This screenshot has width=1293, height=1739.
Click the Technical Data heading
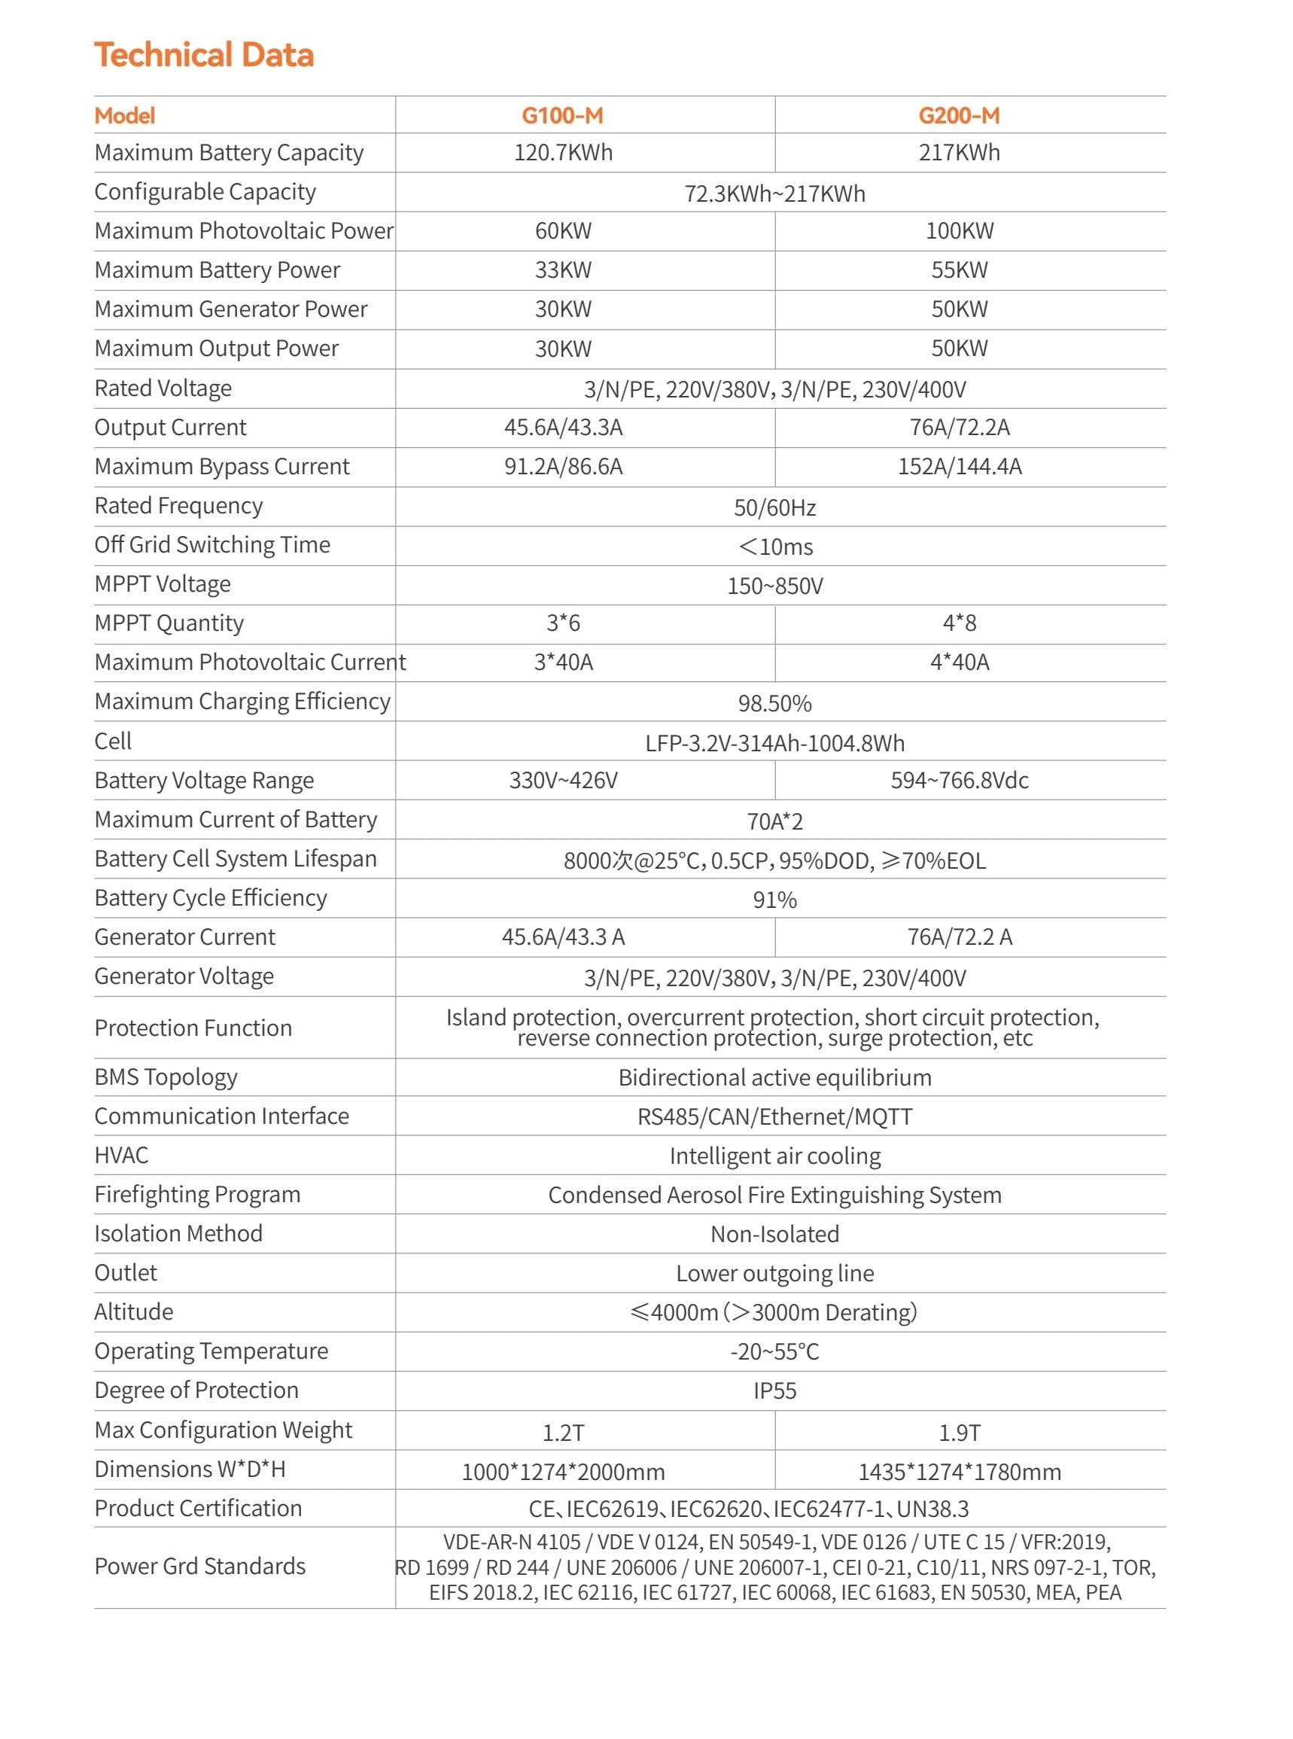[x=203, y=56]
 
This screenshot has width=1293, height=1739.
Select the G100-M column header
[x=563, y=116]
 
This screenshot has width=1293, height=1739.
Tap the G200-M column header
[x=959, y=116]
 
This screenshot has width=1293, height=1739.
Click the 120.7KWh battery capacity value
[x=563, y=153]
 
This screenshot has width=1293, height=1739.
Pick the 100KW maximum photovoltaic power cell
[x=959, y=231]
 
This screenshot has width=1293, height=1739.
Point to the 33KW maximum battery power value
[x=563, y=270]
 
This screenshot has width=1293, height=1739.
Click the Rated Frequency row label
[x=178, y=506]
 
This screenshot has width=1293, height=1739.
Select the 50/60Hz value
[x=774, y=508]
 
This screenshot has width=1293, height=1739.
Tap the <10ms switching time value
[x=774, y=547]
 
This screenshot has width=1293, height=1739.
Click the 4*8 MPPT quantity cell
[x=959, y=623]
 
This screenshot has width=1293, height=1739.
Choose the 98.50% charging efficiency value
[x=774, y=703]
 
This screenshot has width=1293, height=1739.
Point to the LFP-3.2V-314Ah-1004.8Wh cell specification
[x=774, y=743]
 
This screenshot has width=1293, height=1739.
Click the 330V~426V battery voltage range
[x=563, y=781]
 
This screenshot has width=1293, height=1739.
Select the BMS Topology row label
[x=166, y=1077]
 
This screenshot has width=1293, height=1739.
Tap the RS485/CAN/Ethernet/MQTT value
[x=774, y=1116]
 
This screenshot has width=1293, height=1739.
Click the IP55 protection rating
[x=774, y=1390]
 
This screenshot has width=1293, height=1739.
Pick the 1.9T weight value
[x=959, y=1433]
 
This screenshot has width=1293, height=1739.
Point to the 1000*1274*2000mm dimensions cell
[x=563, y=1472]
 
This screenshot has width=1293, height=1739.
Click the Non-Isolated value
[x=774, y=1234]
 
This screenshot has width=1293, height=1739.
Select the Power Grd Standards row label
[x=199, y=1566]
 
